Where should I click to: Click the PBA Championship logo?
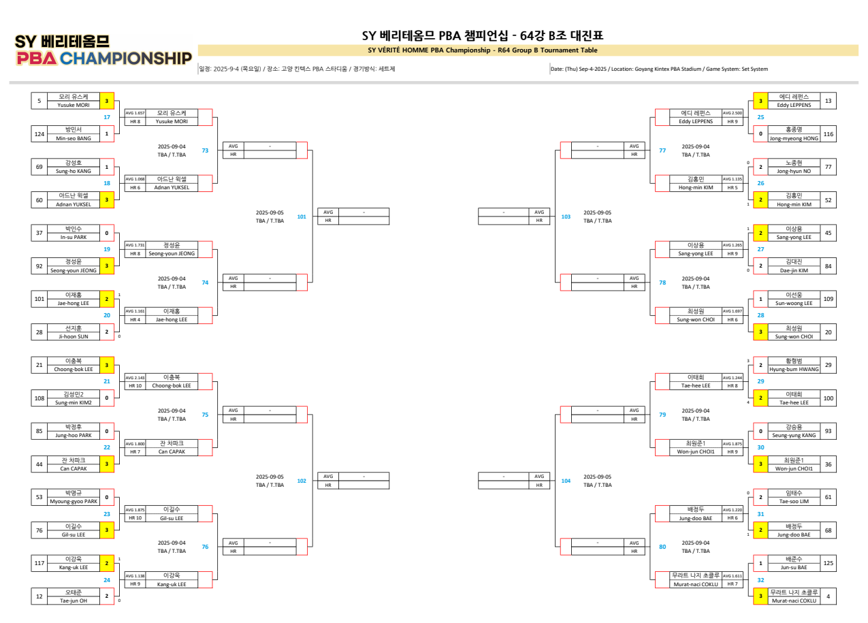[103, 50]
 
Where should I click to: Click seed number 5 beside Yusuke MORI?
[39, 101]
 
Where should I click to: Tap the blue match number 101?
[302, 217]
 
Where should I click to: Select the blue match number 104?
[566, 481]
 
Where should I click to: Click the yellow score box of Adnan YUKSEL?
[107, 200]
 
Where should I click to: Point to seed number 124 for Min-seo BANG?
[39, 134]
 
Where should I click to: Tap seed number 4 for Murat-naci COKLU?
[828, 596]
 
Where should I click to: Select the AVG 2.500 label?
[733, 113]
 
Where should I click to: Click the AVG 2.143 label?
[135, 377]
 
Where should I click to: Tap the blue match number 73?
[205, 150]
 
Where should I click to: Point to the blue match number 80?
[662, 547]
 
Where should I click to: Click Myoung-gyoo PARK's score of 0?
[107, 497]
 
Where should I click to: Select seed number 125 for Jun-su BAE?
[828, 563]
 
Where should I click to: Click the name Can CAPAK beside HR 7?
[172, 451]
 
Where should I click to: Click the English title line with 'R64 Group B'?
[483, 50]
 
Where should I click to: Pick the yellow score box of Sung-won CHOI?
[760, 332]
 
